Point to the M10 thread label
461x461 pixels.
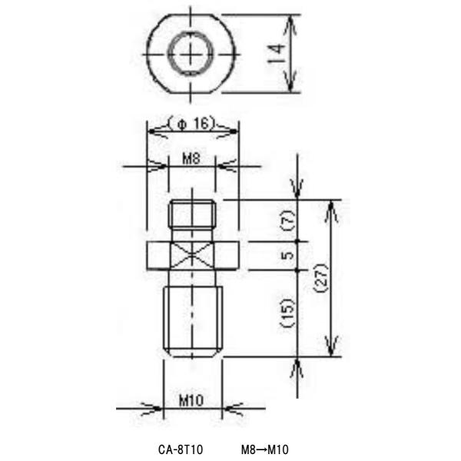(192, 400)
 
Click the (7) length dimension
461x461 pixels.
(287, 222)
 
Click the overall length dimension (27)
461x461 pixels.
(321, 278)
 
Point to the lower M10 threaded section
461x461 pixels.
(192, 319)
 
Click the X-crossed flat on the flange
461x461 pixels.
(192, 256)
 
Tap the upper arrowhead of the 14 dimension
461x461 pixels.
(290, 23)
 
